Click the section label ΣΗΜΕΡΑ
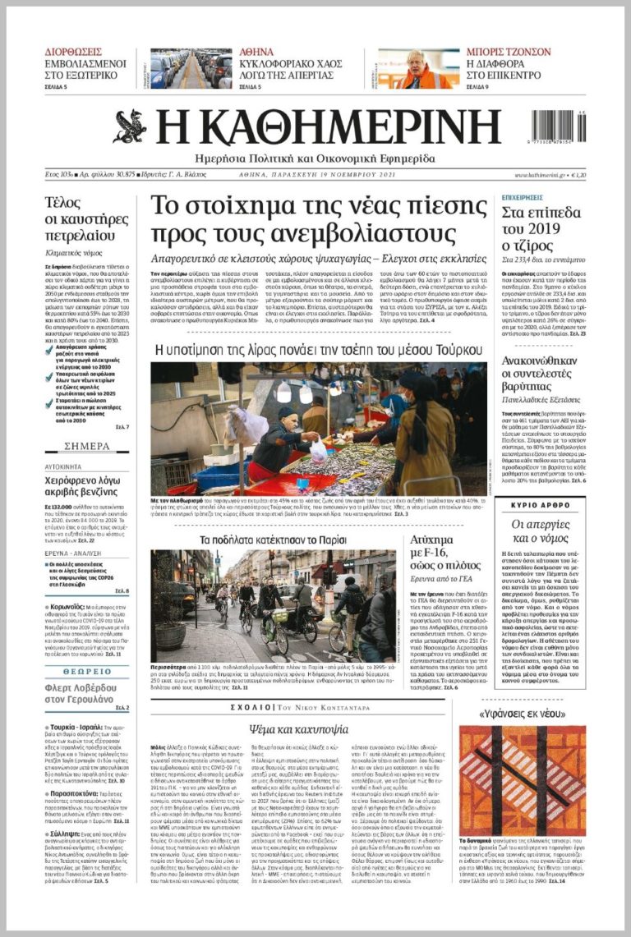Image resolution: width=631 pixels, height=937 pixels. click(x=86, y=446)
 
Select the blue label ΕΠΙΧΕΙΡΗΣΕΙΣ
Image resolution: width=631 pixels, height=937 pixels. click(x=523, y=198)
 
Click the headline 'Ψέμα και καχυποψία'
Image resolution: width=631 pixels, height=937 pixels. click(x=310, y=729)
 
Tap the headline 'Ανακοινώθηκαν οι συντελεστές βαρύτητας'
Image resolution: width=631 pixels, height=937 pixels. click(x=540, y=376)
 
